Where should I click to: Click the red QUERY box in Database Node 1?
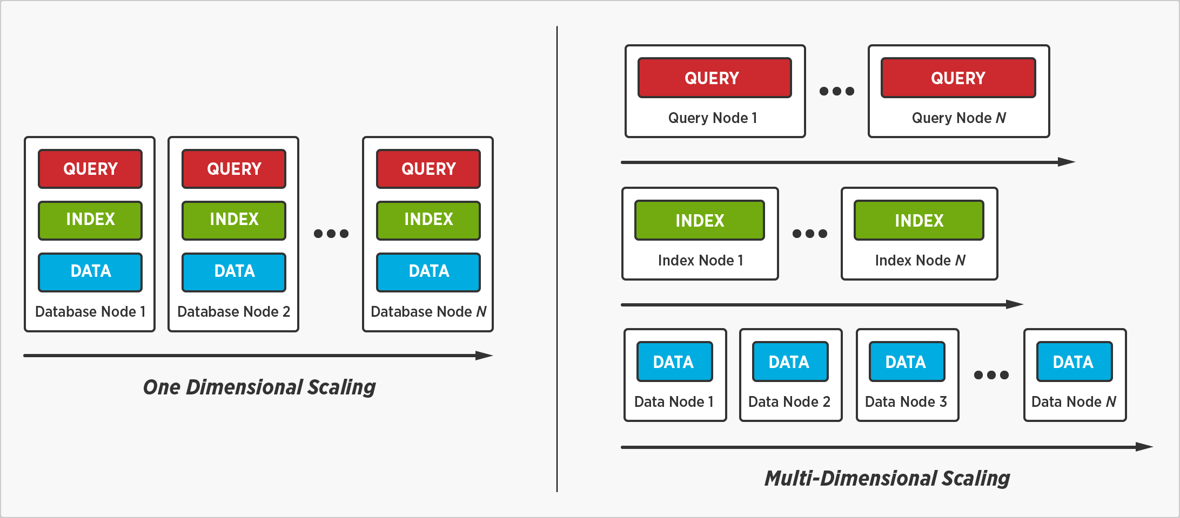90,169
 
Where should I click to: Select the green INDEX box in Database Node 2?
234,220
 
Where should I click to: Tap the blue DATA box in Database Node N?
428,272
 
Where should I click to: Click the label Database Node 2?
233,312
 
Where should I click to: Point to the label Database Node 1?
90,312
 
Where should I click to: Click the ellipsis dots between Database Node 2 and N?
331,234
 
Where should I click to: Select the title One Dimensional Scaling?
259,387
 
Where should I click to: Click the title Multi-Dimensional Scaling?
887,479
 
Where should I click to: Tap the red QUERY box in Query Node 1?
714,78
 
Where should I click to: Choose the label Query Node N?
958,118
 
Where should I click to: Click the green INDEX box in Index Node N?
918,220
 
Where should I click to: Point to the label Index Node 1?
700,261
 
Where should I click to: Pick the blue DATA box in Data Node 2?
790,362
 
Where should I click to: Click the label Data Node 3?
906,402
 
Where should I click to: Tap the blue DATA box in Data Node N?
1074,362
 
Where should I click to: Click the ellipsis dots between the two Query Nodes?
836,91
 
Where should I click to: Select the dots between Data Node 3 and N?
991,375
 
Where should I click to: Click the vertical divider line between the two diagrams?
557,259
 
